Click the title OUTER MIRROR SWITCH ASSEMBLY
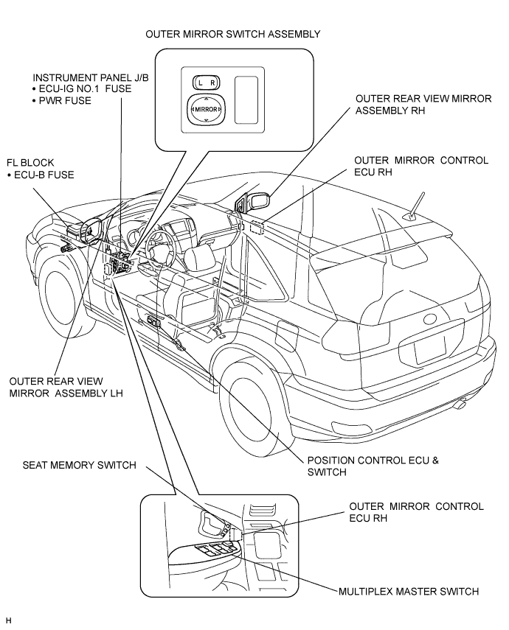tap(232, 34)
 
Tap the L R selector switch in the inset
tap(207, 83)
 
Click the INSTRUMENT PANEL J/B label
tap(91, 77)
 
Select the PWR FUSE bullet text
tap(61, 100)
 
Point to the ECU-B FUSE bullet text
tap(41, 175)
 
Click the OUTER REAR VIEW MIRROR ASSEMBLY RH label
tap(423, 105)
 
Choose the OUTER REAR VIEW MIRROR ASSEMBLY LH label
tap(66, 387)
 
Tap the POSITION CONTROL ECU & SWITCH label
tap(373, 466)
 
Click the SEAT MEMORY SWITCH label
tap(79, 465)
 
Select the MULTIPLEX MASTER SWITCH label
tap(409, 592)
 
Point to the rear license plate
tap(430, 349)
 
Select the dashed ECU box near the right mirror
tap(257, 227)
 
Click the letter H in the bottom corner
tap(9, 620)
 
